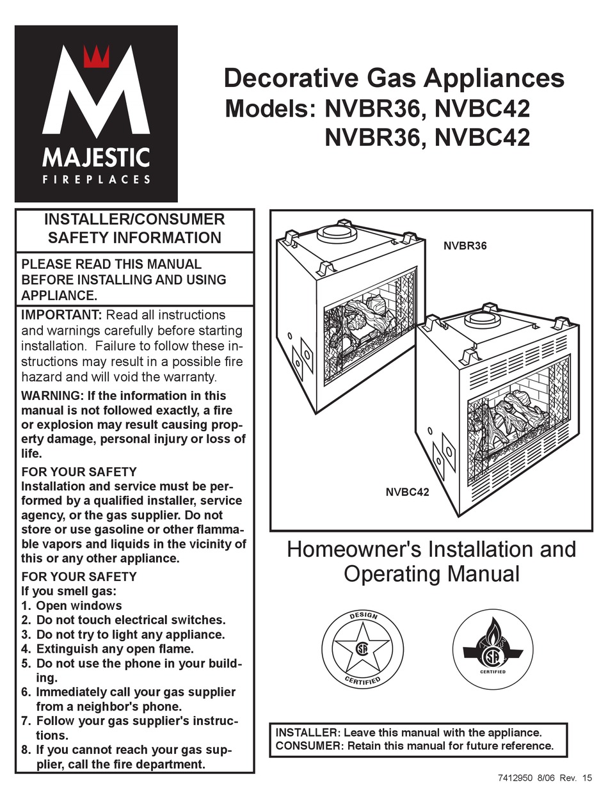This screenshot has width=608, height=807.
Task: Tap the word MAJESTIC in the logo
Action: coord(96,157)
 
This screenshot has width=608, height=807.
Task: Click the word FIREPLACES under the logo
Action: coord(96,180)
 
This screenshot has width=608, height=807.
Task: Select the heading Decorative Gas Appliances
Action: coord(394,79)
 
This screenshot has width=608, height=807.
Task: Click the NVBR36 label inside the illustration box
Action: coord(465,245)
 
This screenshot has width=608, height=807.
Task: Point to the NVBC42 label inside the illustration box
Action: coord(407,492)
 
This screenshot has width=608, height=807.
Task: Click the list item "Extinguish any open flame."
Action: coord(115,649)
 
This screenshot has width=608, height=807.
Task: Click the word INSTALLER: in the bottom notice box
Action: coord(306,732)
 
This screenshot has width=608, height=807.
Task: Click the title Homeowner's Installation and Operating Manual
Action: coord(431,561)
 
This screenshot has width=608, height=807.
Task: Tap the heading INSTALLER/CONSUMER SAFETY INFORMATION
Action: coord(134,228)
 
